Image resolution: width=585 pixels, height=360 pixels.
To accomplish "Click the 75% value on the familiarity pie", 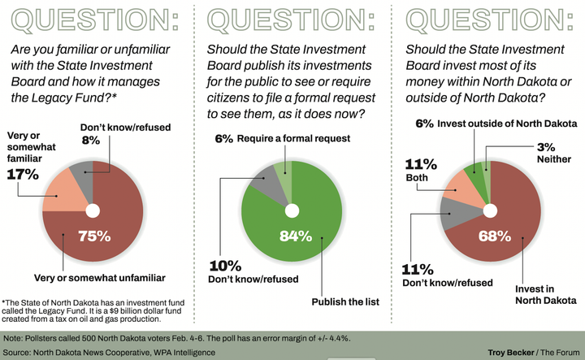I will [x=93, y=237].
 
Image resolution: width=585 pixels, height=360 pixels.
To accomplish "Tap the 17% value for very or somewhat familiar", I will [x=23, y=174].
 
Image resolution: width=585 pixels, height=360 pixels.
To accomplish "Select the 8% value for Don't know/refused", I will [x=90, y=140].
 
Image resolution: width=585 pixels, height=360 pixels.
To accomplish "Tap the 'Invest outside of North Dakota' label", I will [x=507, y=124].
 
